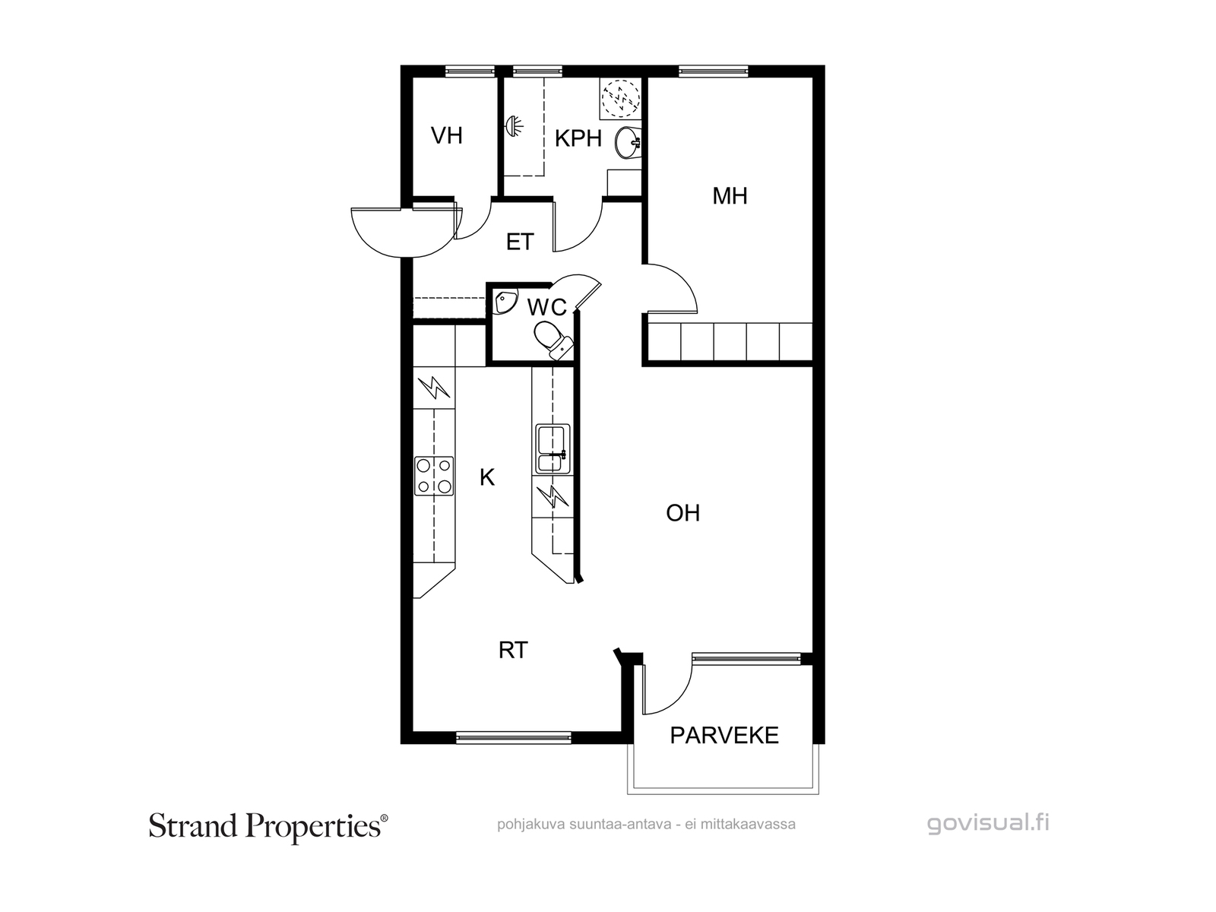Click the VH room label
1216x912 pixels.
coord(447,136)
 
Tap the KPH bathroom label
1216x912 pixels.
coord(578,138)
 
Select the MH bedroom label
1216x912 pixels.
coord(730,196)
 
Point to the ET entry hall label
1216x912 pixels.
coord(520,242)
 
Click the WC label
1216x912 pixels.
coord(546,307)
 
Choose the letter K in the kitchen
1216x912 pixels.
coord(487,477)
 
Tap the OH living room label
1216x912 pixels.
coord(682,513)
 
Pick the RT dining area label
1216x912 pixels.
coord(513,651)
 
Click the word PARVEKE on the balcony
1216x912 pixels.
coord(724,736)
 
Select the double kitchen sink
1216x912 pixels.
coord(553,449)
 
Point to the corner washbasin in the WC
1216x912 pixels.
coord(505,302)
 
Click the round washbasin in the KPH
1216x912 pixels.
coord(629,143)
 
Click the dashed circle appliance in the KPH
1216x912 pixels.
coord(621,99)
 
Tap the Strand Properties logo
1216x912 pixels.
coord(268,827)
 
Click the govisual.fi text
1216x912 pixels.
coord(988,823)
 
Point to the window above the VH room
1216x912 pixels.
coord(470,71)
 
